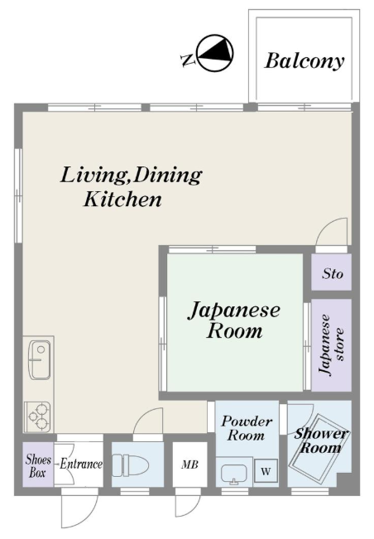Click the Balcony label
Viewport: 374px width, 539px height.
coord(304,61)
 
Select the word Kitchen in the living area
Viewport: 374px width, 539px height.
coord(122,200)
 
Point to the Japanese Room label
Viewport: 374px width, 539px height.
coord(234,320)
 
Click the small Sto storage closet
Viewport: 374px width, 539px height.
coord(332,272)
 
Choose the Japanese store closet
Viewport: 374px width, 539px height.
coord(332,344)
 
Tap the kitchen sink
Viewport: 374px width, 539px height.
coord(39,360)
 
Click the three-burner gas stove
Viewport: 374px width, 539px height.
coord(38,416)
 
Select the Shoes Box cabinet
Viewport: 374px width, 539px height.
coord(38,464)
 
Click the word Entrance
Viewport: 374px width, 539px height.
coord(81,464)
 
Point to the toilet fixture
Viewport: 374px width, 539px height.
coord(130,465)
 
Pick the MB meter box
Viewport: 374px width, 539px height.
coord(190,464)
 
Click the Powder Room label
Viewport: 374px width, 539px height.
coord(247,428)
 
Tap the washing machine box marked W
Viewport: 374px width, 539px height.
coord(266,470)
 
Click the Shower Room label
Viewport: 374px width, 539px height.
coord(321,440)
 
